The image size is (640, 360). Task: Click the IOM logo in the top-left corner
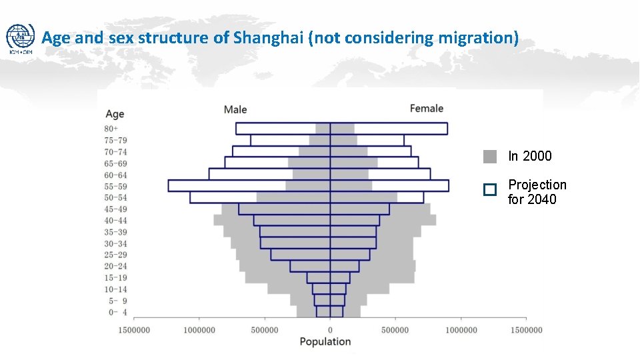tap(20, 39)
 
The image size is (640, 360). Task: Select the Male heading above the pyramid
tap(235, 109)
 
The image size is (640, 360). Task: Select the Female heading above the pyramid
tap(427, 109)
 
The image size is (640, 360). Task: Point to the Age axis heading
tap(115, 115)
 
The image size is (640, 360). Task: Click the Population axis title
tap(325, 342)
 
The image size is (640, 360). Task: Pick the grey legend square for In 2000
tap(490, 157)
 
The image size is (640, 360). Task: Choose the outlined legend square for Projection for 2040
tap(490, 190)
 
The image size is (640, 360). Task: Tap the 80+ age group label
tap(111, 129)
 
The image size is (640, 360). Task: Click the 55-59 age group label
tap(115, 186)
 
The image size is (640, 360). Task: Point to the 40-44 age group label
tap(115, 221)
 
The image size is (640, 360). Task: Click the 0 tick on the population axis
tap(330, 330)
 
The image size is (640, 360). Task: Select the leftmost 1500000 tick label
tap(134, 330)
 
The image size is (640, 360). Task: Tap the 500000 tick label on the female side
tap(395, 330)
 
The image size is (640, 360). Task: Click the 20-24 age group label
tap(115, 266)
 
